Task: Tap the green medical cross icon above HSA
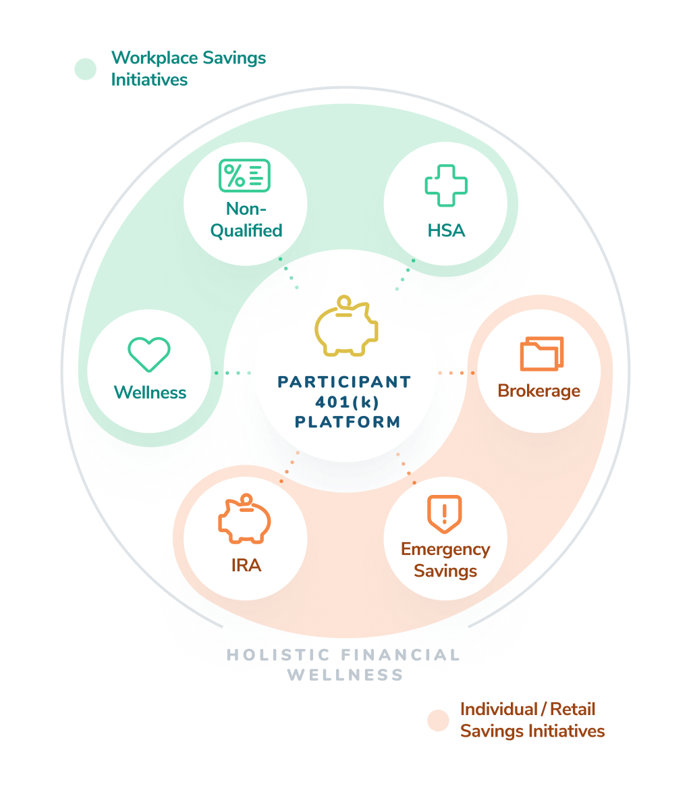click(x=446, y=186)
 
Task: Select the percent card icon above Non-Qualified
click(x=244, y=176)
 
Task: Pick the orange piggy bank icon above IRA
click(x=244, y=519)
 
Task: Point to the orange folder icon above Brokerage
click(x=542, y=354)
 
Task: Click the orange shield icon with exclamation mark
click(x=445, y=514)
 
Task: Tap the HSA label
click(x=446, y=231)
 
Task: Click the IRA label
click(x=246, y=565)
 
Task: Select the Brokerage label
click(x=539, y=391)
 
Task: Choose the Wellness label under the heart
click(x=150, y=392)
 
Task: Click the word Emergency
click(x=445, y=549)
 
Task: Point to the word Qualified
click(x=246, y=231)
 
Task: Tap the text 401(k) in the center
click(x=347, y=402)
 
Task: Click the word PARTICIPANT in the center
click(x=345, y=382)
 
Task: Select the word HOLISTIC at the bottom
click(x=278, y=655)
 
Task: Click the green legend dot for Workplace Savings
click(x=86, y=69)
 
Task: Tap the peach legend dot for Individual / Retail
click(x=438, y=720)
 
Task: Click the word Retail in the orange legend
click(x=572, y=709)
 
